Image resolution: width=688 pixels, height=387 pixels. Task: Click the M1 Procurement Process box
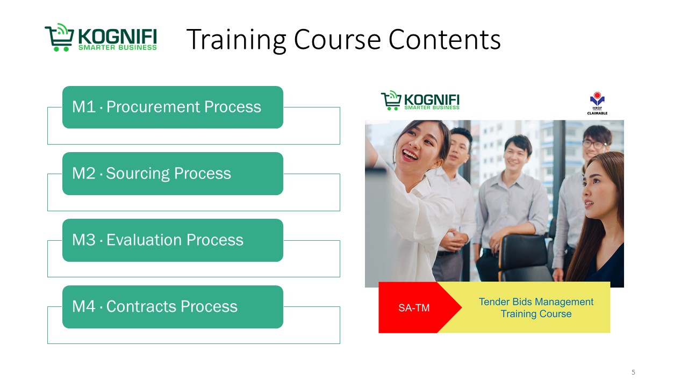click(173, 107)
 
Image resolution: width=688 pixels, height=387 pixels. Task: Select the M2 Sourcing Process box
click(173, 174)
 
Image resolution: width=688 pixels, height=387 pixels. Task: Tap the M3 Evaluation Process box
click(173, 240)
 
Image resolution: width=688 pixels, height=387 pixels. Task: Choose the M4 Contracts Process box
click(173, 307)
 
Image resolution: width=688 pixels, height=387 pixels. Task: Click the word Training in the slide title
click(236, 40)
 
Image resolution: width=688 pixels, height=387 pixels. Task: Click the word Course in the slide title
click(338, 40)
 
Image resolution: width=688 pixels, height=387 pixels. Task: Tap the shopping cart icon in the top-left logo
click(59, 37)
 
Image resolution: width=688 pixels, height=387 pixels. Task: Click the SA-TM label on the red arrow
click(414, 308)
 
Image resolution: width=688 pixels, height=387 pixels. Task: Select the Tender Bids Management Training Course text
click(536, 308)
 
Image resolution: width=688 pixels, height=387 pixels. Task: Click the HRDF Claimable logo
click(597, 103)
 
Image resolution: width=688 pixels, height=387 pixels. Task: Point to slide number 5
click(633, 372)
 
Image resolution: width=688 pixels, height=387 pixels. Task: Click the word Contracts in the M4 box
click(141, 306)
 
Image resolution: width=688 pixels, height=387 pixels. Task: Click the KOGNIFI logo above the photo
click(420, 101)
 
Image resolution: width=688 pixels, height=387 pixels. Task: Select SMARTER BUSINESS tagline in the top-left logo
click(118, 48)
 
